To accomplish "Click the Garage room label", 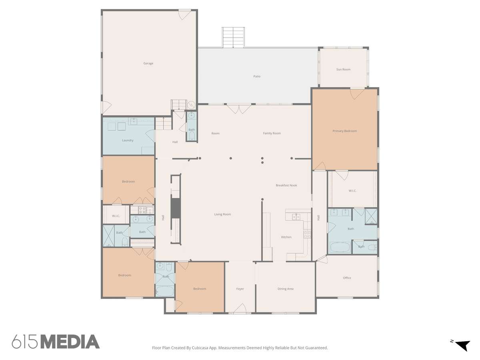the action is [x=148, y=63].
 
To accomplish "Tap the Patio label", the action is [x=257, y=76].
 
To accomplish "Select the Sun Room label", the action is [x=343, y=69].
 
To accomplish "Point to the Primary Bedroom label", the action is [x=345, y=131].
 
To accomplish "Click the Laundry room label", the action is [x=128, y=140].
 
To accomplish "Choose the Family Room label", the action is [x=272, y=133].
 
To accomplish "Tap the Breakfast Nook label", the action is [x=286, y=185].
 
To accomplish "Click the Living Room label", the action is [x=222, y=214].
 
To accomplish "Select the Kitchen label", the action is [x=286, y=237].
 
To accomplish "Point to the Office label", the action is [x=347, y=278].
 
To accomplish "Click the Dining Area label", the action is [x=285, y=289].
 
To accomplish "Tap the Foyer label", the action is [x=240, y=289].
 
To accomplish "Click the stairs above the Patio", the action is [x=233, y=37].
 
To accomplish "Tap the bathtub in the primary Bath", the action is [x=340, y=247].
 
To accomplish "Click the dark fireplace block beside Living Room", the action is [x=176, y=208].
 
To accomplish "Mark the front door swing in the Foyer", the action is [x=240, y=308].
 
